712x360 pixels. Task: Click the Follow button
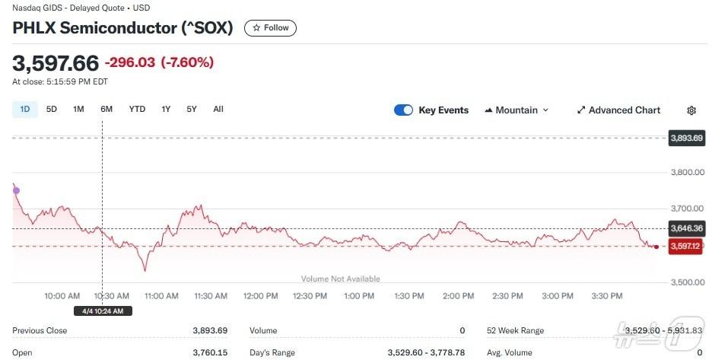coord(270,28)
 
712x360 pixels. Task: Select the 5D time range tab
coord(52,109)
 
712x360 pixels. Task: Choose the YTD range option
coord(137,109)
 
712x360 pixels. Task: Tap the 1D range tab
coord(25,109)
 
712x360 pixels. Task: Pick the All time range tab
coord(218,109)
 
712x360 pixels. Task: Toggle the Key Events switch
coord(403,110)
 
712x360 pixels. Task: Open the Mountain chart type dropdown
coord(517,110)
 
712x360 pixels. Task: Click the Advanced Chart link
coord(618,110)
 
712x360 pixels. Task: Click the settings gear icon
coord(691,110)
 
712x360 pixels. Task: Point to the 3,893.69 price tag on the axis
coord(686,139)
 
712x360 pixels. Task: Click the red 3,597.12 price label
coord(686,247)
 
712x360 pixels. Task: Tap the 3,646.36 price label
coord(686,228)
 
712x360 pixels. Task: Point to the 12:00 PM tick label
coord(260,296)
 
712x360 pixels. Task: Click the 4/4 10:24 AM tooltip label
coord(103,311)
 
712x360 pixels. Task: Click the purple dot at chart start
coord(17,191)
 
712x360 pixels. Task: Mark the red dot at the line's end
coord(656,247)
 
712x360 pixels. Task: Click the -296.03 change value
coord(130,62)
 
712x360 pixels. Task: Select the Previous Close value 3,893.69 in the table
coord(210,331)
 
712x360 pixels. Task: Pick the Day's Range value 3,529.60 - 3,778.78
coord(425,353)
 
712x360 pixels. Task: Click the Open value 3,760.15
coord(210,353)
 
